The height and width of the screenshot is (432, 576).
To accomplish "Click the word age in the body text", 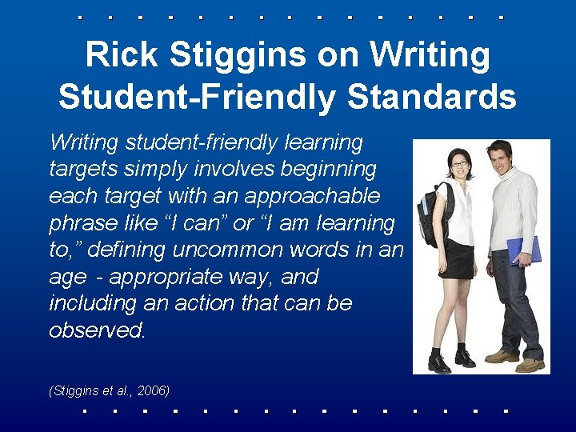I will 67,278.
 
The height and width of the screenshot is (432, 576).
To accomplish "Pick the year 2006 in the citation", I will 154,390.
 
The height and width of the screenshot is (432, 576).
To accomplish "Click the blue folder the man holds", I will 525,250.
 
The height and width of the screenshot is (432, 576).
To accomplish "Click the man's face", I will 500,157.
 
